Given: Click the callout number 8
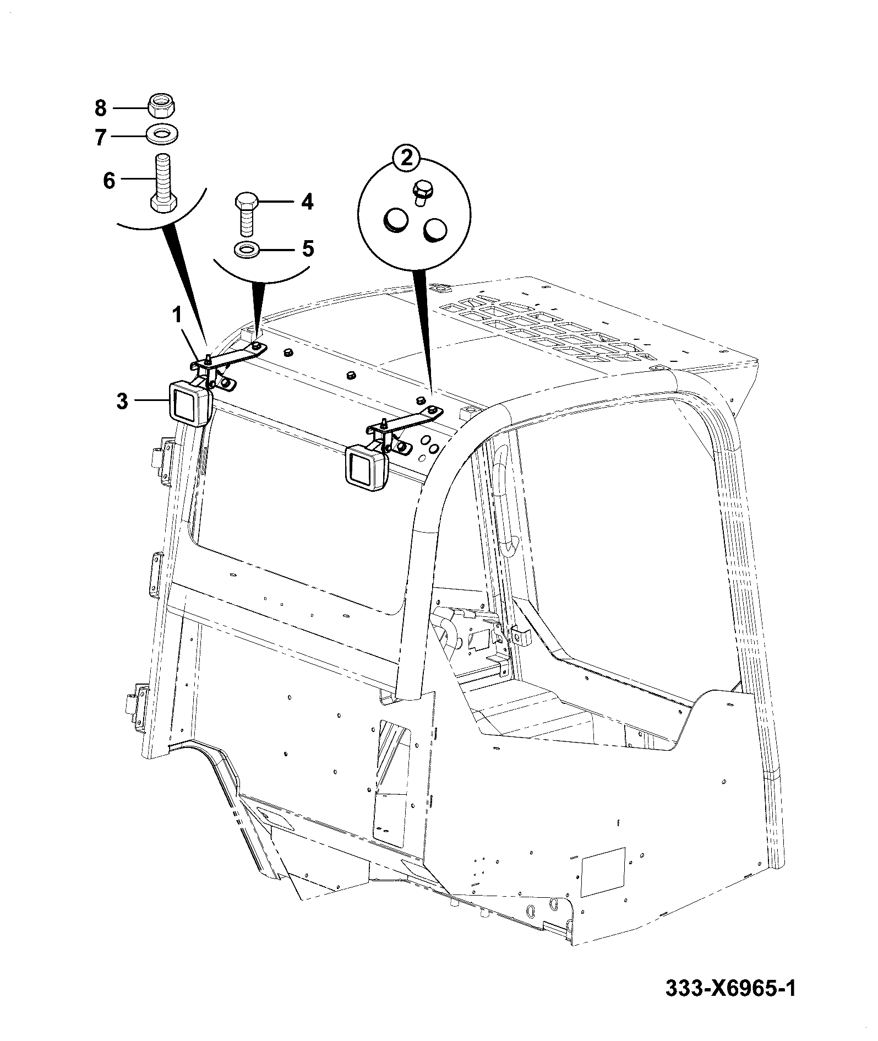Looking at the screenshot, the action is coord(100,108).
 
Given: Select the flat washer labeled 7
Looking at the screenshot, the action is coord(162,134).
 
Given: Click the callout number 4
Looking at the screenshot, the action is coord(307,202).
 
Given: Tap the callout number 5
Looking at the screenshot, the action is coord(308,249).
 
